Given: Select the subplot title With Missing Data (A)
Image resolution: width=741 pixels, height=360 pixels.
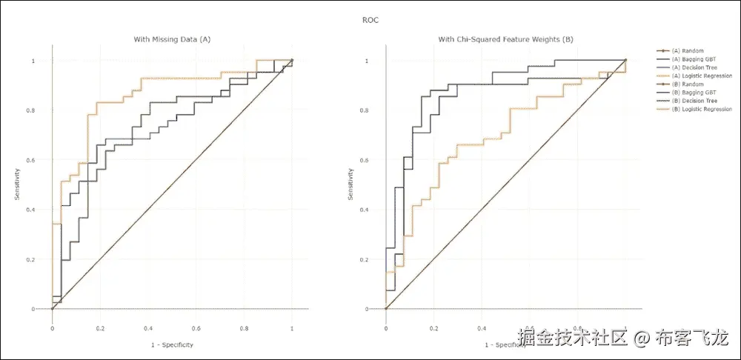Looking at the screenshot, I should pyautogui.click(x=172, y=39).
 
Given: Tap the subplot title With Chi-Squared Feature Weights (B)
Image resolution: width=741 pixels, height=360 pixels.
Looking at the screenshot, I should pyautogui.click(x=505, y=39).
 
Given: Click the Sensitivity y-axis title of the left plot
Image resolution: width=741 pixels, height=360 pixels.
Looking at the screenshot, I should pyautogui.click(x=16, y=184).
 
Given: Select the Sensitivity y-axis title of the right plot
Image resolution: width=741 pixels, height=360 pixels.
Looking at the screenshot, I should pyautogui.click(x=350, y=184).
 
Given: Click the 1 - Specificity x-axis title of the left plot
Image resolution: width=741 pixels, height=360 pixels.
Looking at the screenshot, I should pyautogui.click(x=172, y=344).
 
